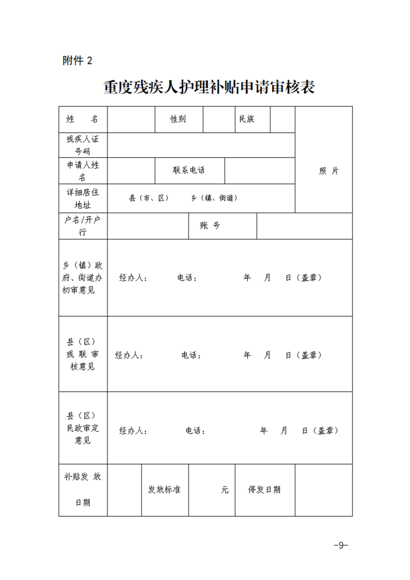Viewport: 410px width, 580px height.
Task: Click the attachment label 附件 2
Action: click(77, 61)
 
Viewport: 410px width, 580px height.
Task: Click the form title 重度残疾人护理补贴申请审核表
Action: click(209, 87)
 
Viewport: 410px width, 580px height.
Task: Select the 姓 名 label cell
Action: click(83, 119)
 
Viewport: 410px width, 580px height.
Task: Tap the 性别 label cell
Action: click(178, 119)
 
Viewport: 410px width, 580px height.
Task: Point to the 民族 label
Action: click(247, 119)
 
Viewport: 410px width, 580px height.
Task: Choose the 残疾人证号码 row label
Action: click(83, 145)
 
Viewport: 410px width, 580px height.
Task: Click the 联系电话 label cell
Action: click(189, 170)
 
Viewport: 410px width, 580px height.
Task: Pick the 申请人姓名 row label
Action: click(83, 171)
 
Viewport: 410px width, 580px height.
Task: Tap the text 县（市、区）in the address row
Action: click(149, 198)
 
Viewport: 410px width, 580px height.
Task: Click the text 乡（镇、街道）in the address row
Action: click(214, 198)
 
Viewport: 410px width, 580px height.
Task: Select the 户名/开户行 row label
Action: click(83, 226)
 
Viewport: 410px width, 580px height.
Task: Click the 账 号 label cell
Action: click(210, 226)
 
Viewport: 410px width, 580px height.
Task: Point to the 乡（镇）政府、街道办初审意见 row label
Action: click(83, 278)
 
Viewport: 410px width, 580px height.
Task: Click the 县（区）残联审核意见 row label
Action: click(83, 354)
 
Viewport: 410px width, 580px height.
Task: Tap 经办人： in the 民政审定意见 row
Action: click(134, 431)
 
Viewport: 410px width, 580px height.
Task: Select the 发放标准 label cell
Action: click(164, 490)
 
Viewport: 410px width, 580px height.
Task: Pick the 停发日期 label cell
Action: click(264, 490)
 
